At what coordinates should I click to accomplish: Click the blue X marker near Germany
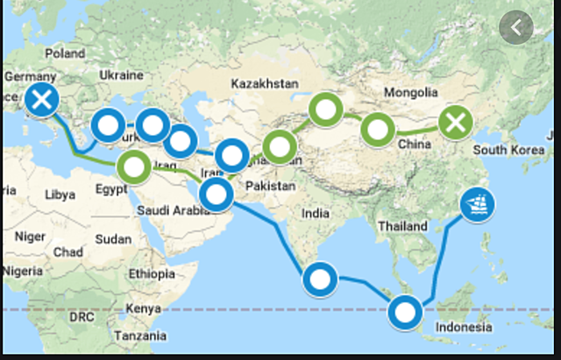41,101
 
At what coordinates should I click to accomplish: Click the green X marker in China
456,123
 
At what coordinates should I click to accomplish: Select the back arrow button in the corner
516,27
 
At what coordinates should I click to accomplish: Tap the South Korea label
508,151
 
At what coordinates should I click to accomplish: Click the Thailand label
402,226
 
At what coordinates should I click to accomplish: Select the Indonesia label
464,327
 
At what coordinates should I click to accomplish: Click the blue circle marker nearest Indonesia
405,311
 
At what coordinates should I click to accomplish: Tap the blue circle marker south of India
319,280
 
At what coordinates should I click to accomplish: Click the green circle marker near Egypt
135,166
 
